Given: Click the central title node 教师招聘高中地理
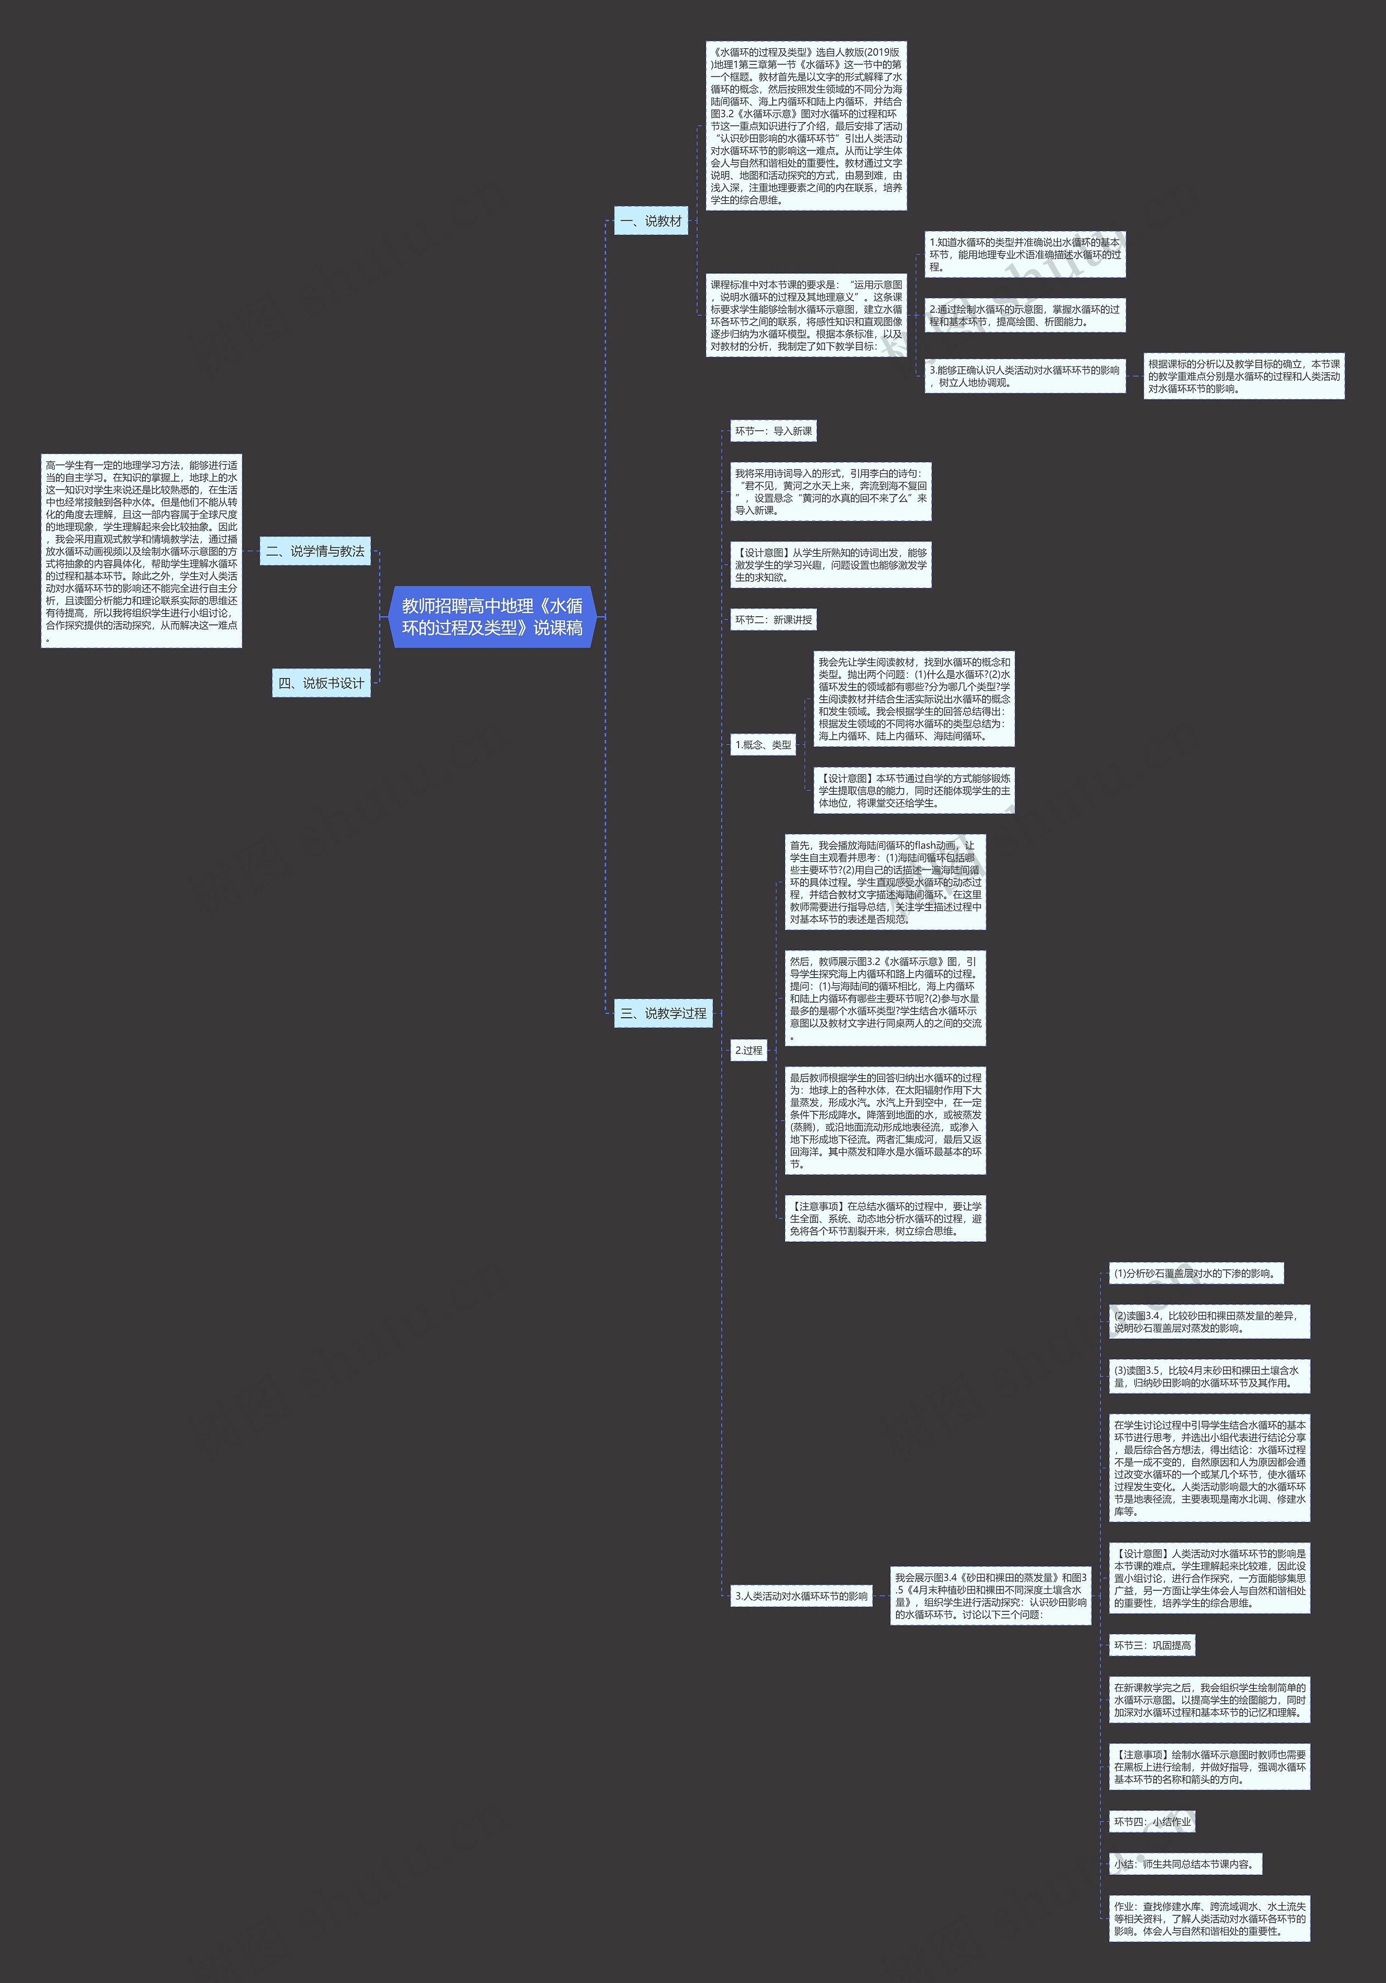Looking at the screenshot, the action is pos(492,617).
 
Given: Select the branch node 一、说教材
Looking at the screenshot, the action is pos(651,221).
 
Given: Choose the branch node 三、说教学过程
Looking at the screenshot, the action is pos(663,1013).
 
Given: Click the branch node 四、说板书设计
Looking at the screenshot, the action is pos(321,683).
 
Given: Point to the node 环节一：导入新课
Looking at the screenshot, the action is pos(773,431).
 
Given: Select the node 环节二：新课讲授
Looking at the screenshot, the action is pos(773,620).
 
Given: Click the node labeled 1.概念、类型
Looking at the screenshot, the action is pos(762,745).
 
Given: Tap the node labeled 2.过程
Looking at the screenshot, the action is pos(748,1050).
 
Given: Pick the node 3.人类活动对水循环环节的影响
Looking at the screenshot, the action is pos(800,1596).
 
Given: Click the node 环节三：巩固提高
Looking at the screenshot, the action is pos(1152,1645).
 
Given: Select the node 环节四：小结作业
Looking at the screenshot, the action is pos(1152,1822).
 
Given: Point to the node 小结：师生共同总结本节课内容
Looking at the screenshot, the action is pos(1185,1864).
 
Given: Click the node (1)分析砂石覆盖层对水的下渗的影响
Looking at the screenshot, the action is pos(1196,1273).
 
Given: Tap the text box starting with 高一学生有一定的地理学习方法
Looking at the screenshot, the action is pos(141,551).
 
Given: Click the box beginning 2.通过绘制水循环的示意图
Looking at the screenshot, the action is pos(1025,315).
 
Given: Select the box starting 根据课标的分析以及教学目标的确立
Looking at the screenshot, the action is pos(1244,377).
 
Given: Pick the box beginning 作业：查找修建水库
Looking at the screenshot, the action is pos(1209,1918).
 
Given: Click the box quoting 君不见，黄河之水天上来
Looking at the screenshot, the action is pos(831,491).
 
